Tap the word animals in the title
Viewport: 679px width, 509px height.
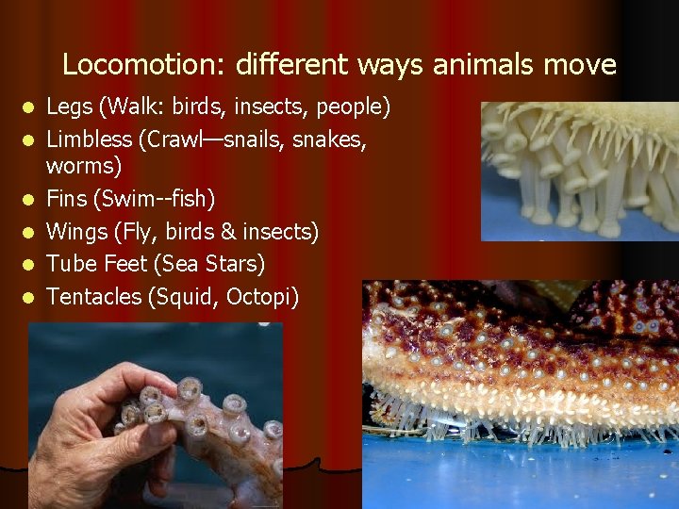487,65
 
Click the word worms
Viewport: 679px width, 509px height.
83,167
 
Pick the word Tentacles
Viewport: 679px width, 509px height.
94,297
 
